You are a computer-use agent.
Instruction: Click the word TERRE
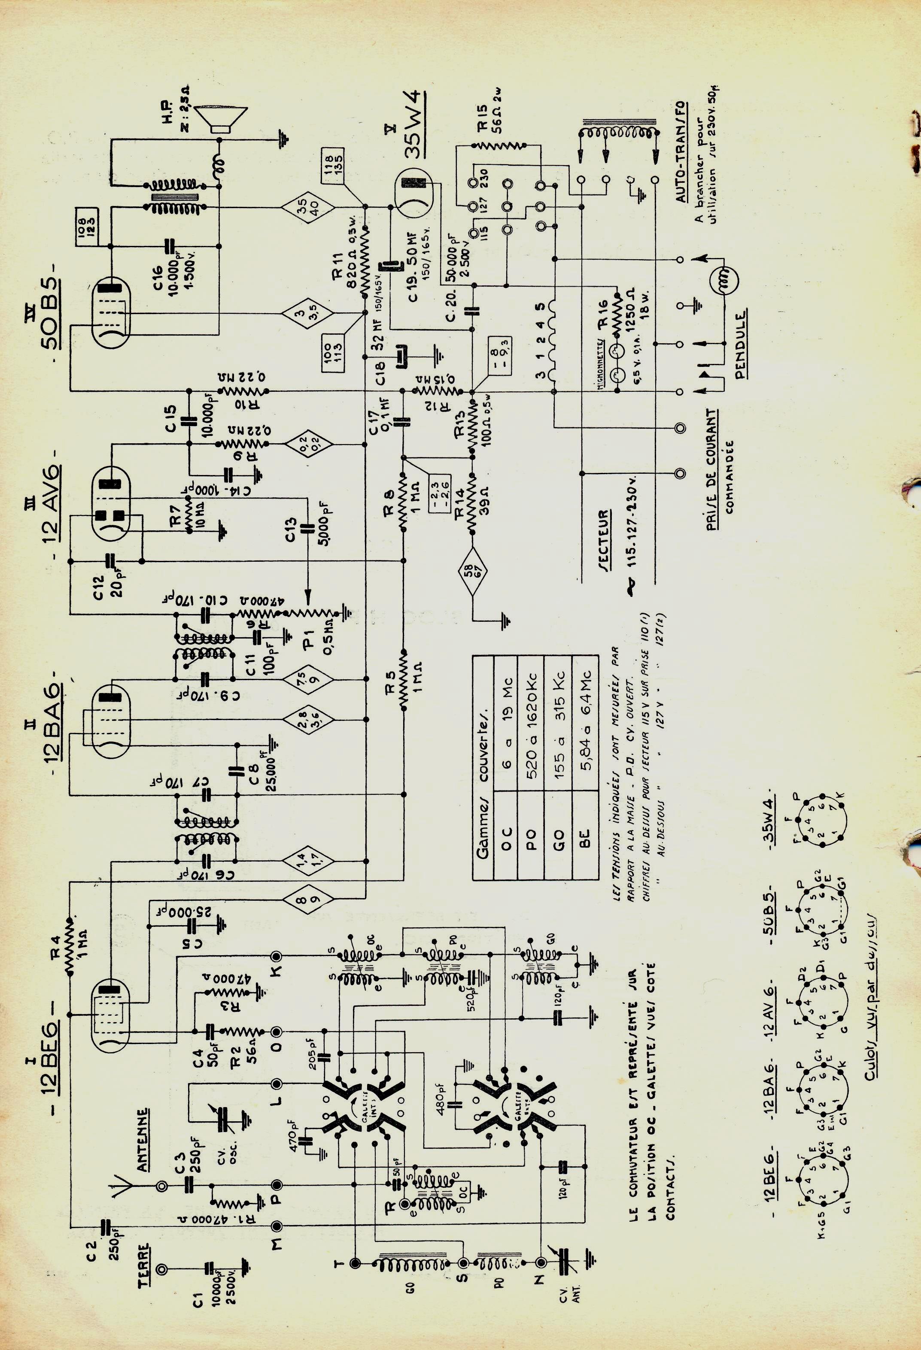click(x=145, y=1266)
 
